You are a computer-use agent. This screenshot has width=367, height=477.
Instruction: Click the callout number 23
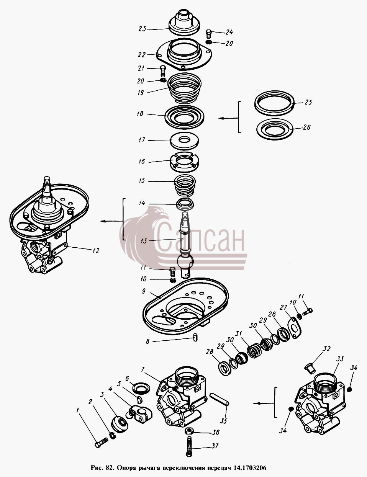(142, 29)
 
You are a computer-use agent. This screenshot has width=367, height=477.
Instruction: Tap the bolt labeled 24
(208, 34)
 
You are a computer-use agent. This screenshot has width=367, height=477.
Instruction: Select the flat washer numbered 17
(185, 141)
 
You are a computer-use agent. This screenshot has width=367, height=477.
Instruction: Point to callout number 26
(306, 127)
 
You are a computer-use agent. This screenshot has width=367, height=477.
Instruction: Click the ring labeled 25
(274, 103)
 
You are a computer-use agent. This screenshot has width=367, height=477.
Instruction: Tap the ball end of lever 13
(185, 261)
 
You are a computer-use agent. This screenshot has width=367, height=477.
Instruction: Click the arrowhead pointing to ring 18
(221, 118)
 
